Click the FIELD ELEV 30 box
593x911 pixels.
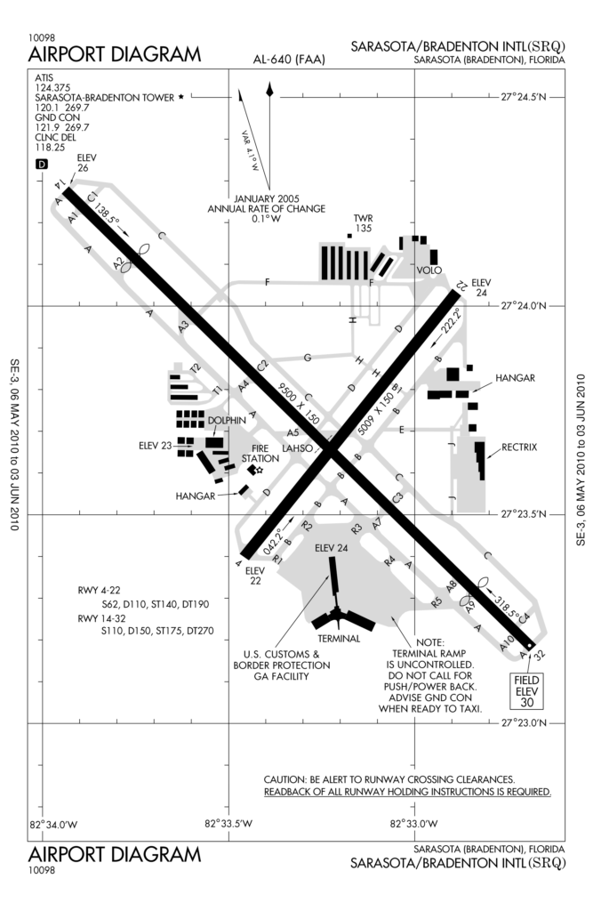coord(528,689)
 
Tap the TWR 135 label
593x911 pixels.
coord(362,223)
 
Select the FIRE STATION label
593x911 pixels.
coord(260,453)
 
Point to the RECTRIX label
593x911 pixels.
coord(519,447)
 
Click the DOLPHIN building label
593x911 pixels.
coord(227,421)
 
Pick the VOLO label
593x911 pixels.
coord(429,270)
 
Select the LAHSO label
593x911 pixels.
coord(297,449)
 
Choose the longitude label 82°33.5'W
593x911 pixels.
coord(228,823)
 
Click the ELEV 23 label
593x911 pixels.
coord(155,446)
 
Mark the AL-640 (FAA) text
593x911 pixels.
coord(290,60)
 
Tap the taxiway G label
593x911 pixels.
coord(308,358)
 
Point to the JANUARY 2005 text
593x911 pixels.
coord(266,198)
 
